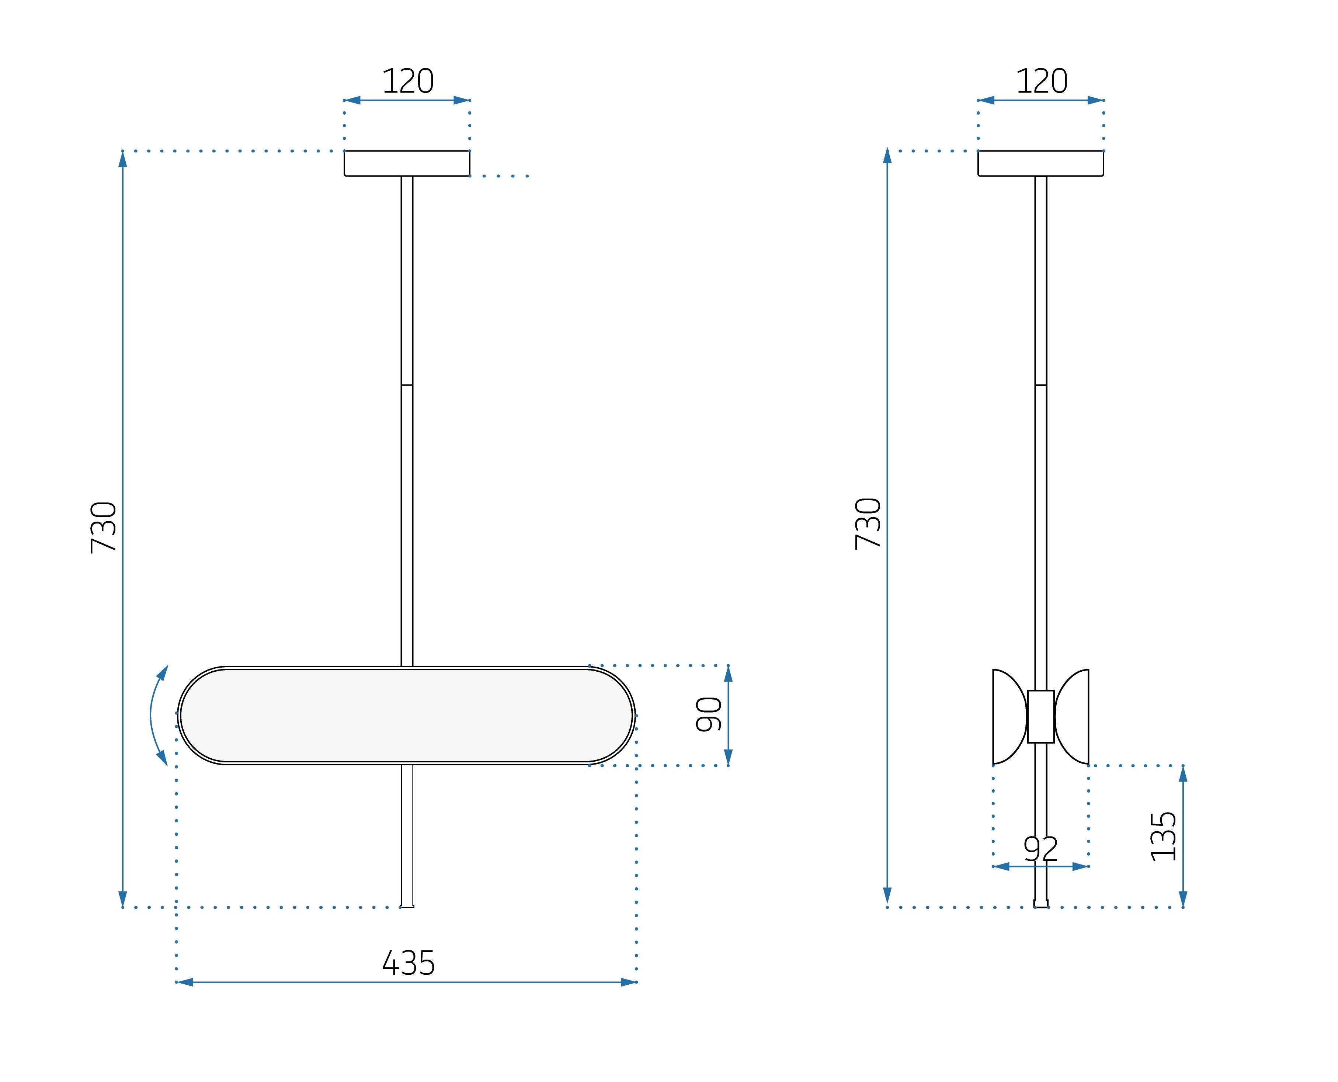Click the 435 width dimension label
tap(408, 963)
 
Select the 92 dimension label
tap(1041, 849)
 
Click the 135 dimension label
tap(1163, 837)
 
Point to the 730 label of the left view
tap(104, 527)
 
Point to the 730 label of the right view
tap(868, 523)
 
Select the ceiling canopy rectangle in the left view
tap(407, 163)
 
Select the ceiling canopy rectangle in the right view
tap(1041, 163)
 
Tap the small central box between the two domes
tap(1041, 716)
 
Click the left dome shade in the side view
tap(1007, 716)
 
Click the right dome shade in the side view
tap(1074, 716)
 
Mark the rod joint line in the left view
tap(407, 385)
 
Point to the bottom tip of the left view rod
tap(407, 906)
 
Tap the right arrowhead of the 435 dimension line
tap(628, 982)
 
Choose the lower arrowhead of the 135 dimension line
tap(1183, 899)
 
